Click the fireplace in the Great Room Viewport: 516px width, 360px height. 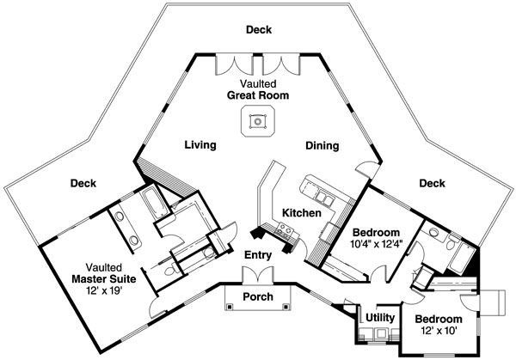[258, 121]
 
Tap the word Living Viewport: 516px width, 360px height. [200, 145]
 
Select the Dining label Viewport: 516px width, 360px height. [322, 146]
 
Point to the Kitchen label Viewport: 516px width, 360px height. [302, 213]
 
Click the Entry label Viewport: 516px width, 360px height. [258, 255]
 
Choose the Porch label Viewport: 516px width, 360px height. [258, 297]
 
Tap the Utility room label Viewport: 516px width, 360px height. [380, 318]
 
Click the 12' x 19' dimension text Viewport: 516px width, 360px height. [104, 290]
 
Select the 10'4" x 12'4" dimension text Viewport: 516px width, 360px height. [376, 244]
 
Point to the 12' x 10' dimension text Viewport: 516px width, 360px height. [439, 330]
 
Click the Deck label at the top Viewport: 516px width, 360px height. [259, 29]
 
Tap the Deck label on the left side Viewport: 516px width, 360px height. [83, 183]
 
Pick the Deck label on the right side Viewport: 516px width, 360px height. [432, 183]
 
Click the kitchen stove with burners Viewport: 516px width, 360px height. [285, 229]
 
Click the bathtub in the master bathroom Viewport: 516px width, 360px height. [154, 202]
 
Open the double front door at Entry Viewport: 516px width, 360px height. [258, 275]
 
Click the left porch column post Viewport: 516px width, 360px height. [229, 307]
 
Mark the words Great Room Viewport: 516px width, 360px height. [258, 95]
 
